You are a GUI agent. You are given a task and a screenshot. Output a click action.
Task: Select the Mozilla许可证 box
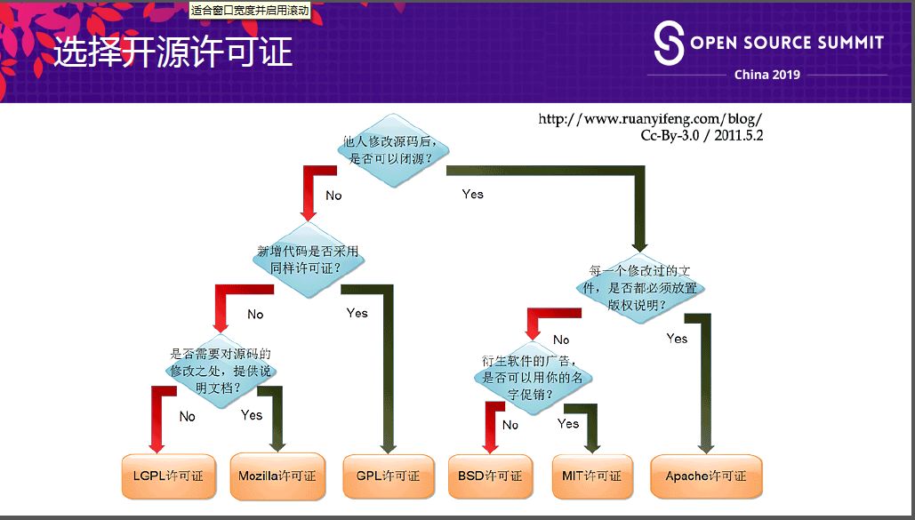click(x=277, y=476)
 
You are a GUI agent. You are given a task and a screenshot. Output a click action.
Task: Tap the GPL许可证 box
click(x=388, y=476)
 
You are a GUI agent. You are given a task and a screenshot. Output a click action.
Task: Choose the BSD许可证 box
click(x=490, y=476)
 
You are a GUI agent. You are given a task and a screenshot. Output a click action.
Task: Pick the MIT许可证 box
click(x=592, y=476)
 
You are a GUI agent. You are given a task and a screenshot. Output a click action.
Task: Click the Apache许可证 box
click(x=706, y=476)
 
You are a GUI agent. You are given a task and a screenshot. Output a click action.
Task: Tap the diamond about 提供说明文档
click(x=221, y=371)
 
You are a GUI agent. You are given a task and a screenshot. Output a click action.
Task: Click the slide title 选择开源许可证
click(x=173, y=53)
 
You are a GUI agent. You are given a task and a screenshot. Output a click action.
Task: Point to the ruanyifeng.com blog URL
click(x=650, y=119)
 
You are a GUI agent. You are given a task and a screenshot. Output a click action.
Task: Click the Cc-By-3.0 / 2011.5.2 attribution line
click(x=702, y=136)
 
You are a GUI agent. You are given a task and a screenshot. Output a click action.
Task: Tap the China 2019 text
click(x=767, y=75)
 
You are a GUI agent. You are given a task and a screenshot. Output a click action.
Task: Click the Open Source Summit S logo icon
click(x=669, y=43)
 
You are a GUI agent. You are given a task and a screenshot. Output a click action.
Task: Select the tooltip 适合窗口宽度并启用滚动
click(x=250, y=11)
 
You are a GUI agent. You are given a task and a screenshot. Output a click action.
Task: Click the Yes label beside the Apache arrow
click(x=677, y=339)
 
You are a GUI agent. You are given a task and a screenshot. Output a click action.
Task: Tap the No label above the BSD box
click(x=510, y=425)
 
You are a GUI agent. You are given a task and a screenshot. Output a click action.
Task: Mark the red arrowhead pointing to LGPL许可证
click(x=157, y=444)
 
